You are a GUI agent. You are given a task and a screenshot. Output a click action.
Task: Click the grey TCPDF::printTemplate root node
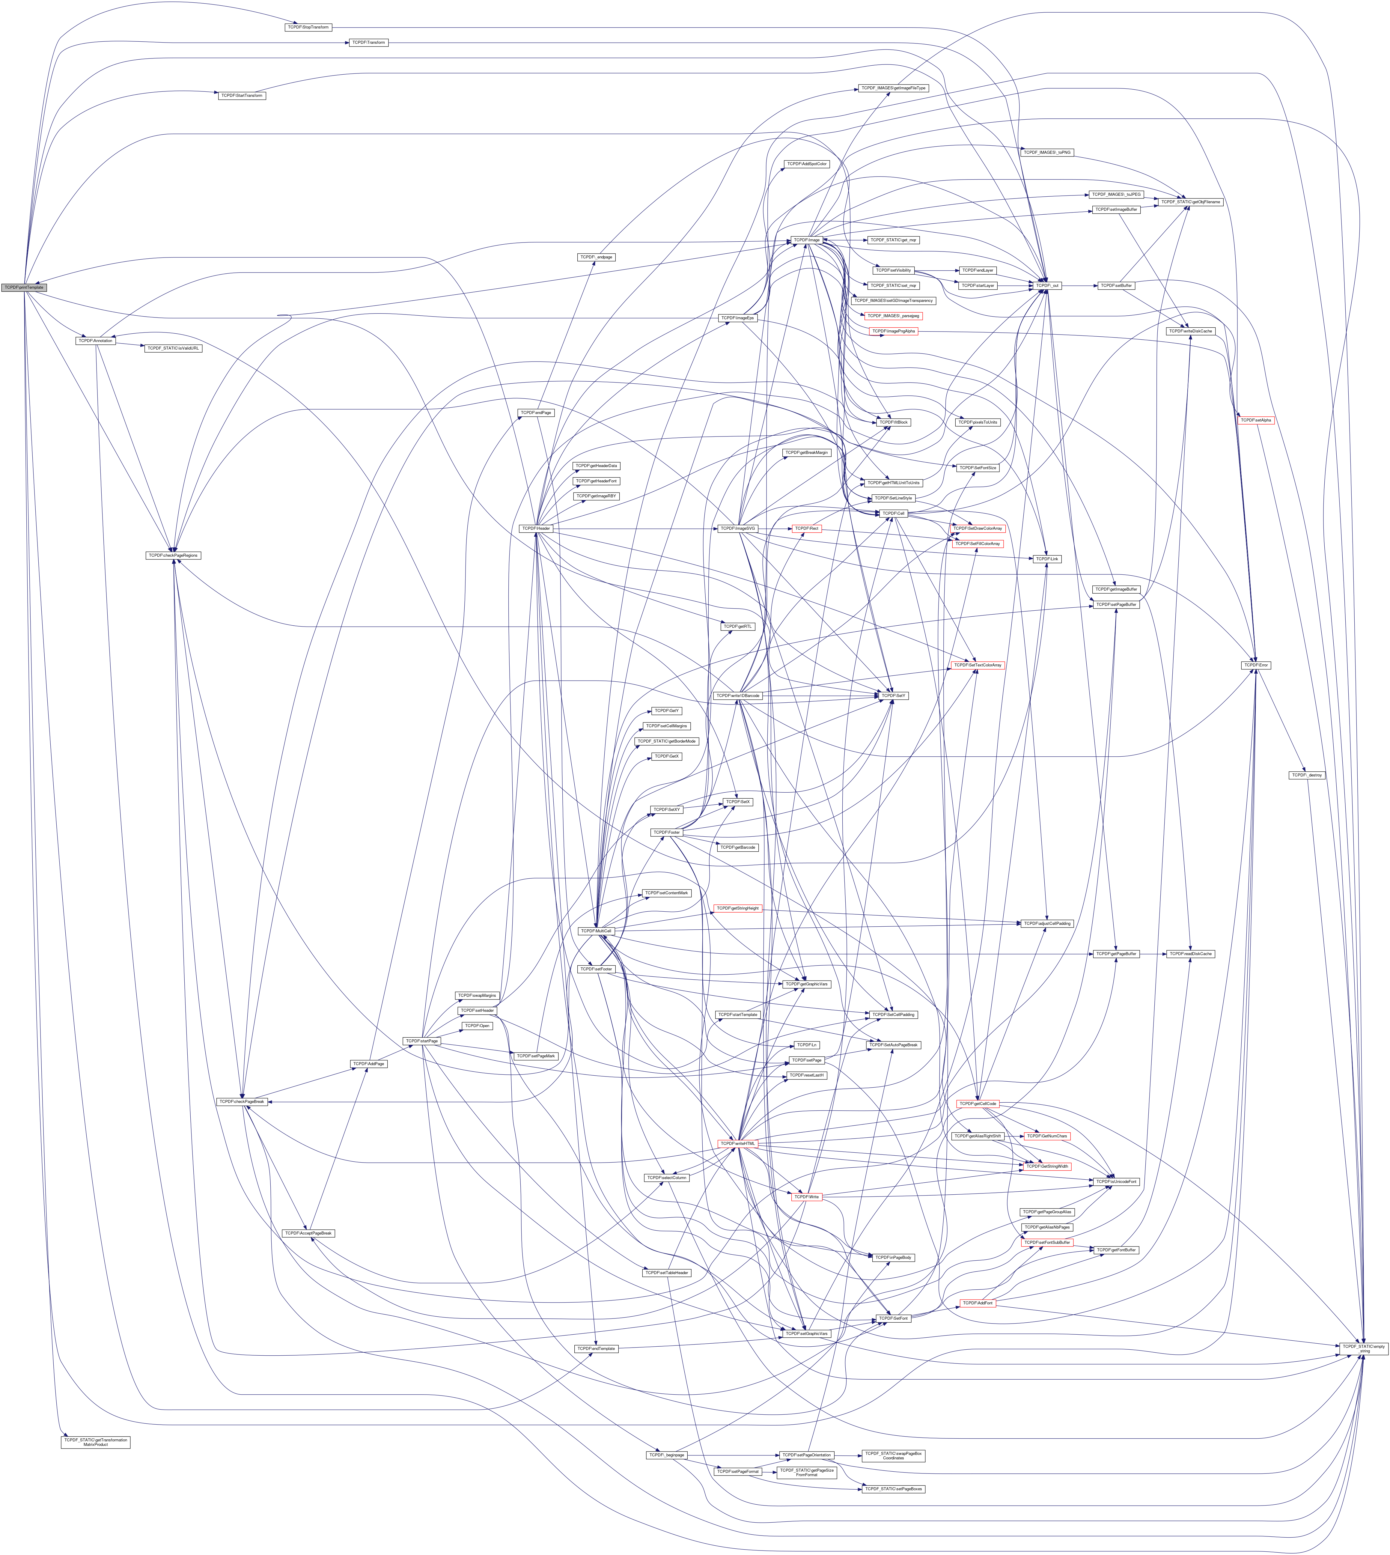24,287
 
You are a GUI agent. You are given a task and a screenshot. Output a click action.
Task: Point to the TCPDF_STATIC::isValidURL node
173,348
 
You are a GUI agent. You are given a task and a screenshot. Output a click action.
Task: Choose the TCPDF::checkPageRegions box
173,555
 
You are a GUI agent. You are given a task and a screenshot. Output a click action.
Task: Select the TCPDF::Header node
536,529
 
